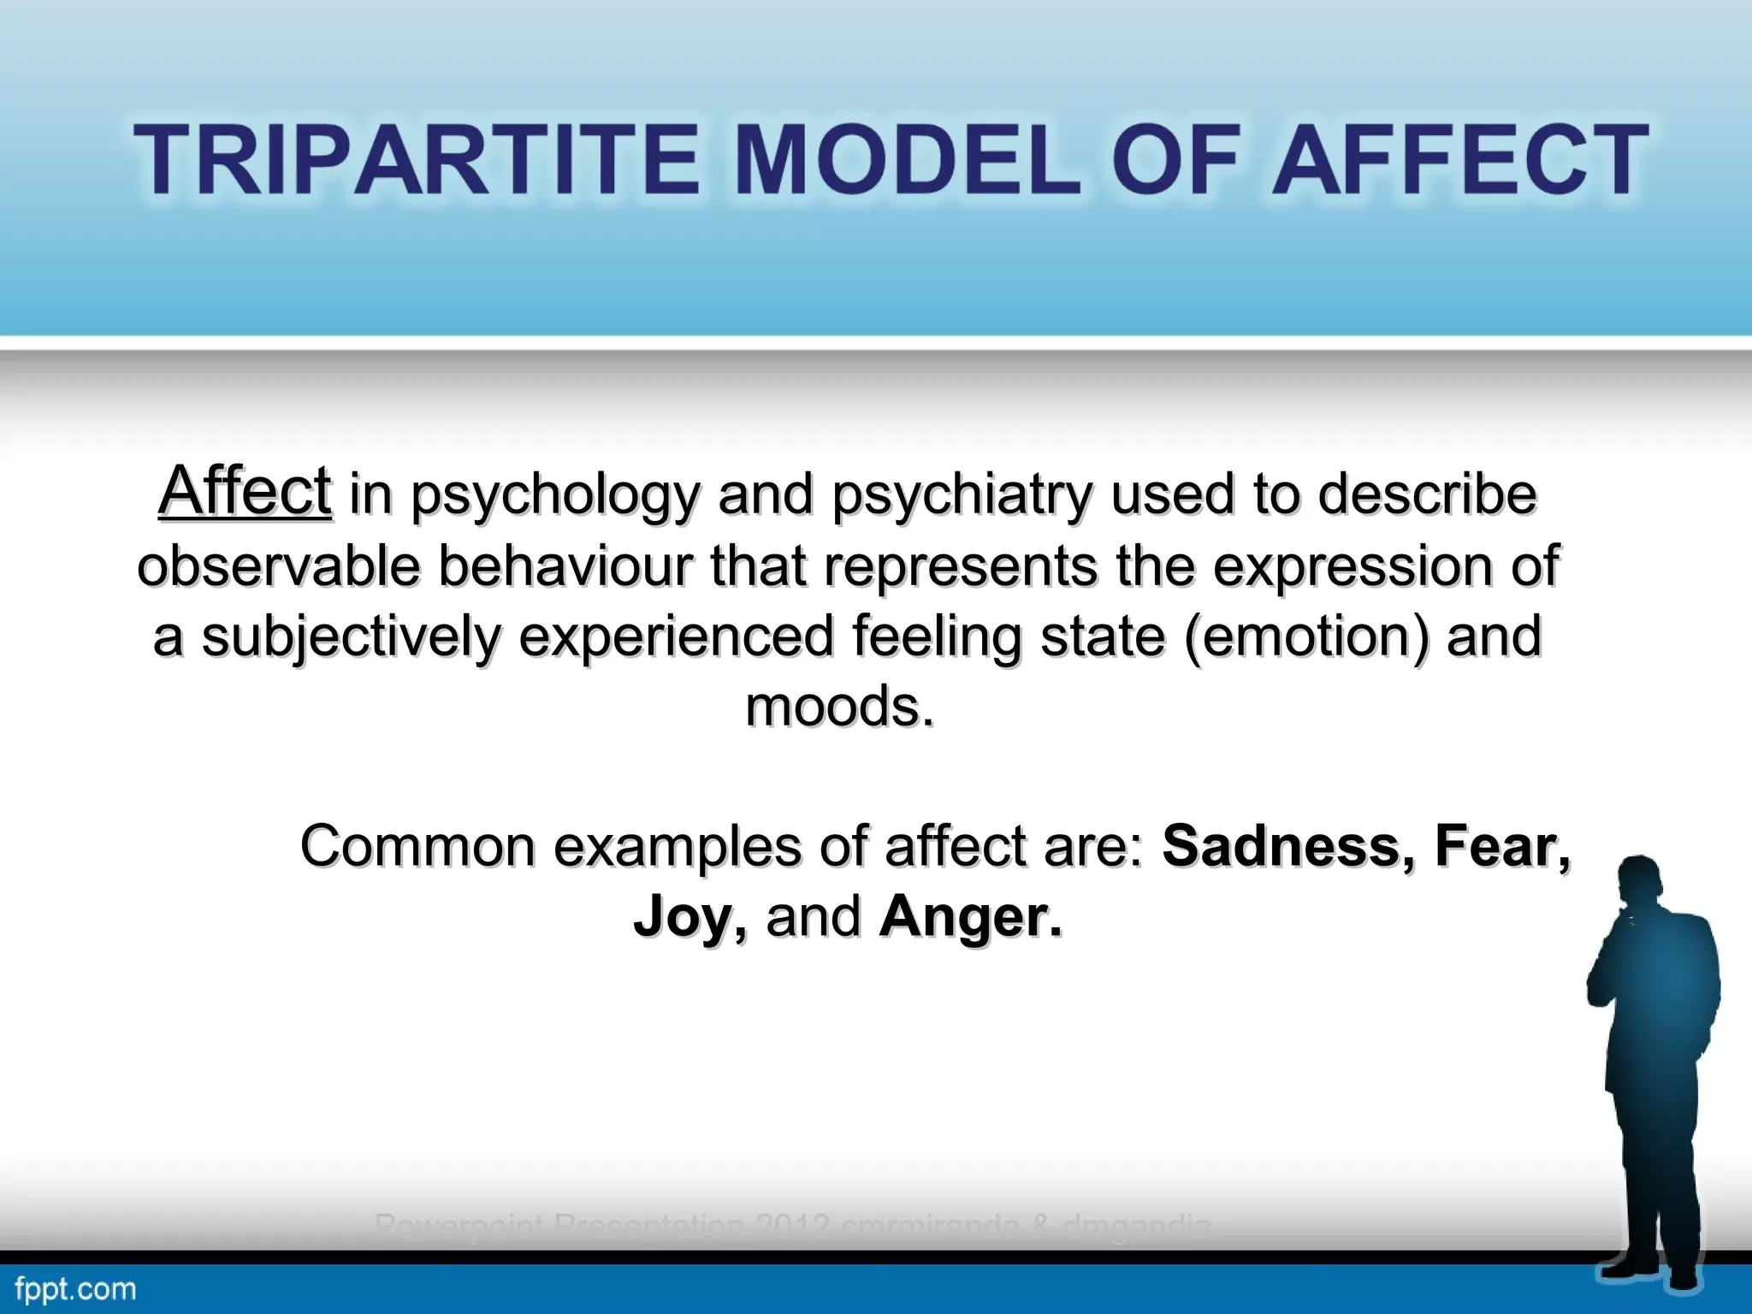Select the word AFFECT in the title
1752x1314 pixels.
[1459, 160]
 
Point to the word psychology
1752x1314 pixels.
[555, 496]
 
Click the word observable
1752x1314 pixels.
[279, 566]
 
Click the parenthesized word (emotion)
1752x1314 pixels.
[1306, 637]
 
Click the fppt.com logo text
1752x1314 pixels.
[75, 1288]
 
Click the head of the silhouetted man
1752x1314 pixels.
[1645, 890]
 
